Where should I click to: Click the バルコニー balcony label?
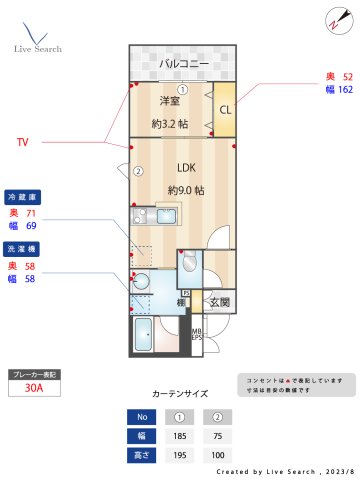(184, 64)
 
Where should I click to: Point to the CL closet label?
(225, 110)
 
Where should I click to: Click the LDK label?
(186, 168)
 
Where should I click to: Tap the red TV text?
(23, 143)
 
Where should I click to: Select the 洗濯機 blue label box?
(23, 248)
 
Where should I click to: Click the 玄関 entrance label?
(219, 301)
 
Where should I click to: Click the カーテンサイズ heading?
(181, 393)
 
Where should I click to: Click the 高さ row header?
(142, 455)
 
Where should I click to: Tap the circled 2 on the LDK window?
(139, 171)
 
